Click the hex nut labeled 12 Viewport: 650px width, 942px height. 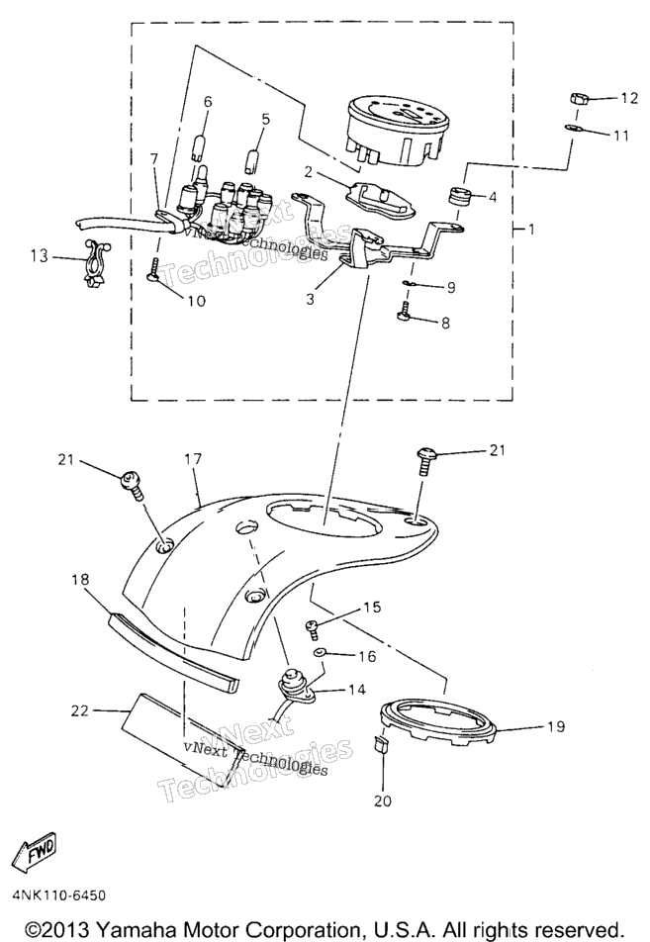pos(578,98)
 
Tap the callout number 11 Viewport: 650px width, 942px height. pos(621,136)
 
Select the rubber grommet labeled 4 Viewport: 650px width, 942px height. pos(461,195)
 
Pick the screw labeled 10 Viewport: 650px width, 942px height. pos(153,267)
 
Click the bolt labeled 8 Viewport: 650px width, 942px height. pos(405,313)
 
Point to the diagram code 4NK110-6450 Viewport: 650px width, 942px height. pos(59,895)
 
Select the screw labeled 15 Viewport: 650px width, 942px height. pos(313,627)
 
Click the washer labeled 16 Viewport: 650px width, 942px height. pos(318,653)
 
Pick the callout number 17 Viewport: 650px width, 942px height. pos(193,459)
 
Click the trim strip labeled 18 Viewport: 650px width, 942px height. pos(172,653)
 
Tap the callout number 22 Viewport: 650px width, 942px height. pos(80,710)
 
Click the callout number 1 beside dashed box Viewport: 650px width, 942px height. pos(531,229)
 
